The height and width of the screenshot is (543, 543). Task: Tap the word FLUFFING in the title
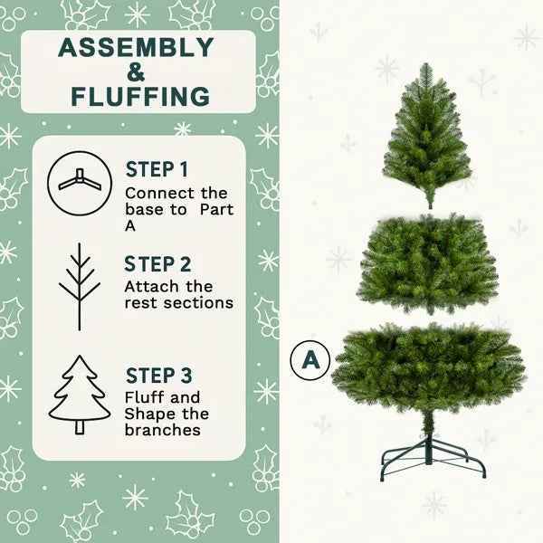(x=139, y=96)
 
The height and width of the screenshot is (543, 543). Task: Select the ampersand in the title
(x=136, y=71)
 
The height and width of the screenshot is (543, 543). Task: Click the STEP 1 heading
(x=157, y=169)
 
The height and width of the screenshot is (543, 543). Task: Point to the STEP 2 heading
(x=158, y=264)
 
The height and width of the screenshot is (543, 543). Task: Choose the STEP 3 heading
(x=158, y=375)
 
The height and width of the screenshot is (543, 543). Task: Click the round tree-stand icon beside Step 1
(x=79, y=182)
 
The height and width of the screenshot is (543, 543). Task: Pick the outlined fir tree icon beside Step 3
(x=80, y=395)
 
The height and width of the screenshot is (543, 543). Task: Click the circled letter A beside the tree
(x=311, y=359)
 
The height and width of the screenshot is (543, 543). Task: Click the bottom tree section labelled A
(x=428, y=367)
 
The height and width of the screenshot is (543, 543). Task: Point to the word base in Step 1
(x=144, y=210)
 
